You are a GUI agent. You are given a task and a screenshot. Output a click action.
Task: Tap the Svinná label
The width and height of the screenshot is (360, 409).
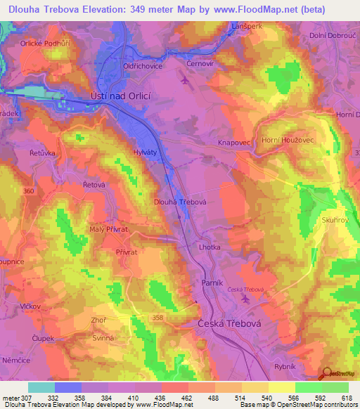tap(84, 339)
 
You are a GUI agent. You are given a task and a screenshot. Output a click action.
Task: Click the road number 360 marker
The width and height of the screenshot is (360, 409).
tap(28, 191)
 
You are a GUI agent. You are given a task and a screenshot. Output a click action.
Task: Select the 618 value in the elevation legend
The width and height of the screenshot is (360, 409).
tap(347, 398)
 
